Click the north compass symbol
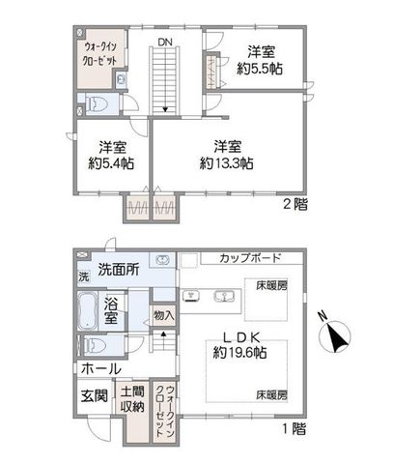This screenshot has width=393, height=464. pyautogui.click(x=335, y=335)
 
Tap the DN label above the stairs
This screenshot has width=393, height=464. pyautogui.click(x=165, y=42)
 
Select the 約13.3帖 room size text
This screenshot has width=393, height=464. pyautogui.click(x=226, y=163)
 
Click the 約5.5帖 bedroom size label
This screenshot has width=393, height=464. pyautogui.click(x=260, y=69)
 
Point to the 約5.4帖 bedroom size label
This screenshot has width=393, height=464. pyautogui.click(x=111, y=163)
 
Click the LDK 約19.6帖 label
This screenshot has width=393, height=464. pyautogui.click(x=240, y=345)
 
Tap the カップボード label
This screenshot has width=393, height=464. pyautogui.click(x=251, y=258)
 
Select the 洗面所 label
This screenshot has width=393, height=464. pyautogui.click(x=119, y=270)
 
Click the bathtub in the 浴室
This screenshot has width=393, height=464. pyautogui.click(x=88, y=310)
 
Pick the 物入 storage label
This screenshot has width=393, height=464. pyautogui.click(x=164, y=315)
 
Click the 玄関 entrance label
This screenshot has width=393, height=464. pyautogui.click(x=94, y=395)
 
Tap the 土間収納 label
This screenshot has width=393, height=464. pyautogui.click(x=132, y=399)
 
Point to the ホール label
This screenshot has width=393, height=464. pyautogui.click(x=101, y=368)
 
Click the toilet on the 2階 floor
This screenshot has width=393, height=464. pyautogui.click(x=96, y=104)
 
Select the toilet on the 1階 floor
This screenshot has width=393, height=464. pyautogui.click(x=96, y=345)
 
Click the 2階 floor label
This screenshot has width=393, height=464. pyautogui.click(x=295, y=204)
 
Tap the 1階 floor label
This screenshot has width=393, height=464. pyautogui.click(x=295, y=429)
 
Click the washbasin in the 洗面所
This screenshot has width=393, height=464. pyautogui.click(x=162, y=260)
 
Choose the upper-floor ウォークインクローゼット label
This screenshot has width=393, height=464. pyautogui.click(x=99, y=54)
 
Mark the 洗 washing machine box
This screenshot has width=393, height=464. pyautogui.click(x=84, y=277)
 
